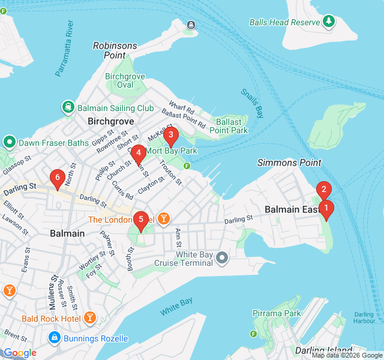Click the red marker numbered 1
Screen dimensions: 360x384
326,209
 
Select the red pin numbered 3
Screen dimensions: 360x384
171,136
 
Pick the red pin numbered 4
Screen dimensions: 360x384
139,154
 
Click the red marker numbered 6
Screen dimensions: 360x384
58,178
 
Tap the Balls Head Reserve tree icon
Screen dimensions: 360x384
328,22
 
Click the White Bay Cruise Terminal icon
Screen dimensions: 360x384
222,259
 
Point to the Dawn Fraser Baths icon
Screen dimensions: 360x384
10,143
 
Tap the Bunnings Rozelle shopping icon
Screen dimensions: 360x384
55,338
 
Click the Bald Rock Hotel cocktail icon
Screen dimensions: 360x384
89,317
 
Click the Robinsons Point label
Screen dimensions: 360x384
115,50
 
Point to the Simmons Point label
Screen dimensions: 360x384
289,163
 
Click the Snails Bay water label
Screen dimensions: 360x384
253,103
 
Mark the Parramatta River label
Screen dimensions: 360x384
64,51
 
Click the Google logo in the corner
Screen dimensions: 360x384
20,353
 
